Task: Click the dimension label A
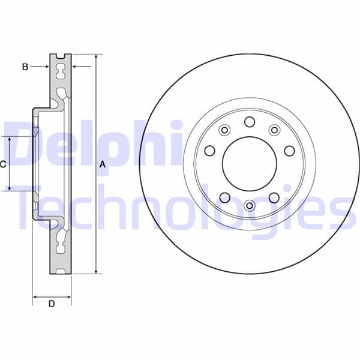(x=103, y=164)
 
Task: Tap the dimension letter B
(x=25, y=67)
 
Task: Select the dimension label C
(x=3, y=164)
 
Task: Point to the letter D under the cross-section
(x=52, y=304)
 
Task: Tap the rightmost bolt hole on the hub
(x=289, y=150)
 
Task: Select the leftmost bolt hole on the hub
(x=210, y=151)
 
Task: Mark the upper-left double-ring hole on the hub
(x=225, y=130)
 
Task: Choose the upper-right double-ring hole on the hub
(x=274, y=130)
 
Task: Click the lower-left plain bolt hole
(x=225, y=197)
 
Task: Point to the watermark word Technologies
(x=180, y=207)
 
